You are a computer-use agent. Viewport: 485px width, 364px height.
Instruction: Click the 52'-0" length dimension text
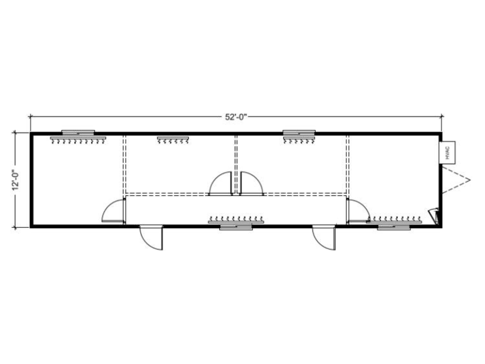[x=236, y=117]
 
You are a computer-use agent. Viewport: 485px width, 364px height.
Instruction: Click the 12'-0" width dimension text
[x=16, y=180]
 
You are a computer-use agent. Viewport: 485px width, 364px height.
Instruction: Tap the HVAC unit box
[x=447, y=152]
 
